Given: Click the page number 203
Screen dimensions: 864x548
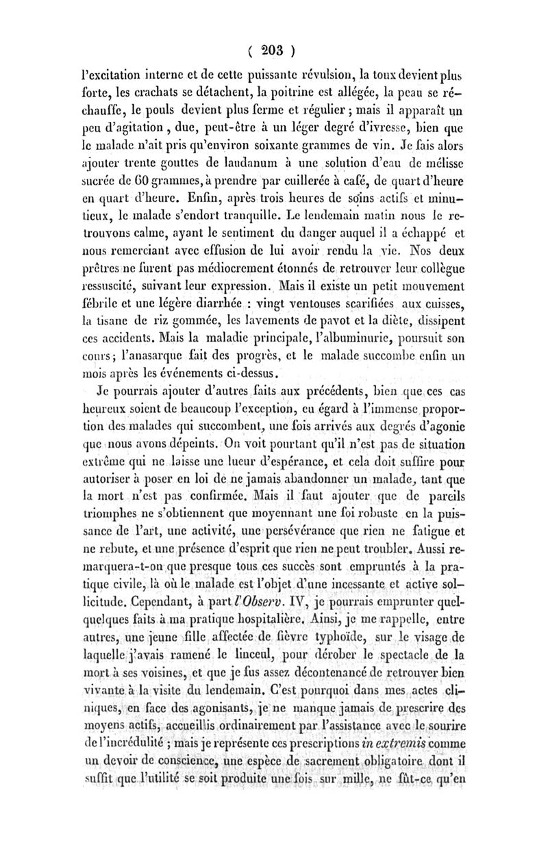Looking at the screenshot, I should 273,50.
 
